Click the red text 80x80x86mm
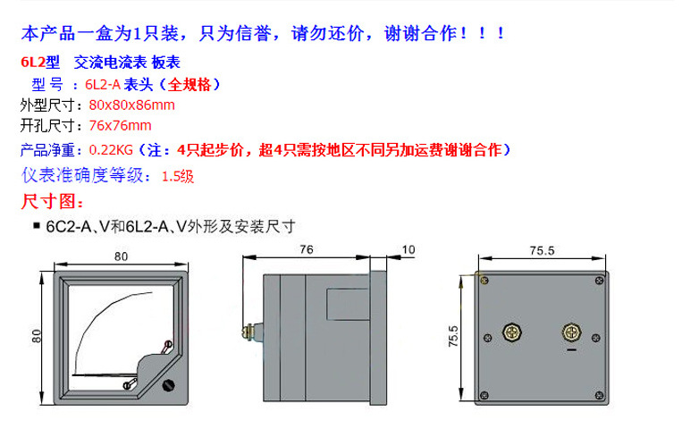pos(131,105)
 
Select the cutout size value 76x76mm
pos(120,126)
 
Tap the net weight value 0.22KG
pos(111,150)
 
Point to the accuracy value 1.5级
pos(178,176)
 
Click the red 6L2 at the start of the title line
pos(32,63)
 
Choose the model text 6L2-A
pos(103,84)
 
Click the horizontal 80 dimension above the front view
pos(121,256)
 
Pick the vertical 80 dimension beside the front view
pos(36,336)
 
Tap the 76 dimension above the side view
pos(307,249)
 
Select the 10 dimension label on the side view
pos(408,249)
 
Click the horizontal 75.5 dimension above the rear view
pos(542,250)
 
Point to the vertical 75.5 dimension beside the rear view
pos(453,336)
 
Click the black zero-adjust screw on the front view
pos(168,385)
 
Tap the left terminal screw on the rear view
pos(512,332)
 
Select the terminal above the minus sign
pos(571,332)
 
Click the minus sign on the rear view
pos(571,349)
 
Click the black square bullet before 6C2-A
pos(37,225)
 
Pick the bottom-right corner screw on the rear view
pos(599,396)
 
